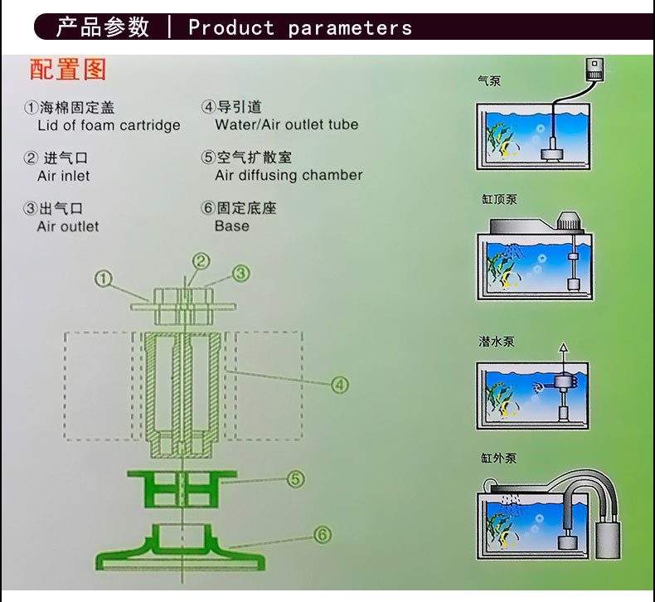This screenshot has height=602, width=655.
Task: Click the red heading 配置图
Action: [x=68, y=70]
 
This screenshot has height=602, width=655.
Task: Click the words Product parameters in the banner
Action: [x=300, y=27]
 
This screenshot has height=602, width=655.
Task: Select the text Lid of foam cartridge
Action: [x=109, y=126]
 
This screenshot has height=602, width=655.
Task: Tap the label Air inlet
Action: [x=64, y=176]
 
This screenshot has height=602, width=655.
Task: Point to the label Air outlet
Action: [x=68, y=226]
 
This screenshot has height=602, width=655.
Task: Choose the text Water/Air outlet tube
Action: [x=287, y=125]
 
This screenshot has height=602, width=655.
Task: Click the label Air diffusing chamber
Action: [x=289, y=176]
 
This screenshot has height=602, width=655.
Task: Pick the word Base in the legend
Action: [x=231, y=226]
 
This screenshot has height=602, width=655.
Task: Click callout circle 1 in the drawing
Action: [x=103, y=279]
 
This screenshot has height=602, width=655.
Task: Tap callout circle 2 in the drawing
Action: [x=201, y=261]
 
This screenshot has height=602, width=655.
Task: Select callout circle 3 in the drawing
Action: [x=240, y=272]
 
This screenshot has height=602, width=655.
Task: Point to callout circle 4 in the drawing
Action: [x=339, y=384]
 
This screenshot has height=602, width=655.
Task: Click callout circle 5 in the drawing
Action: [x=294, y=479]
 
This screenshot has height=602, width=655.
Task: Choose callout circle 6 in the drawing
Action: [x=323, y=535]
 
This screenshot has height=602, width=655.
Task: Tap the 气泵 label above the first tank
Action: [x=489, y=81]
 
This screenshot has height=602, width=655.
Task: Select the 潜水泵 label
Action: [x=497, y=341]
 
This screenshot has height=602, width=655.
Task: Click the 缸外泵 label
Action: [x=497, y=458]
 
